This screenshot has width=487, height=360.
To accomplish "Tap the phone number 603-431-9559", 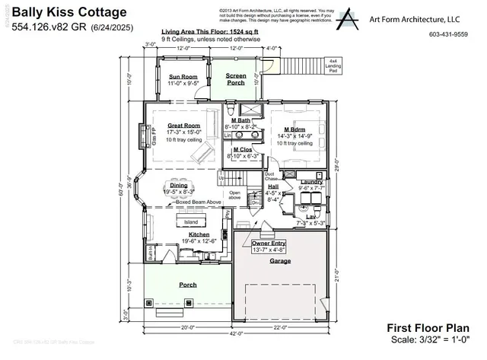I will point(448,34).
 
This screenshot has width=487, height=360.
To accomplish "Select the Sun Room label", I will point(183,76).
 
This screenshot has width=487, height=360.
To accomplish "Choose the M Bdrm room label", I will point(294,129).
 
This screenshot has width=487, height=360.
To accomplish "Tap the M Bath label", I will point(241,120).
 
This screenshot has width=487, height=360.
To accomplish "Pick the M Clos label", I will point(242,149).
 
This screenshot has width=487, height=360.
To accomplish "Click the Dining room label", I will point(178,185).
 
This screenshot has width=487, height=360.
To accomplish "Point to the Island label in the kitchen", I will point(191,222).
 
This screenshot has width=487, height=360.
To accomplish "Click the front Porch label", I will point(187,285).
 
